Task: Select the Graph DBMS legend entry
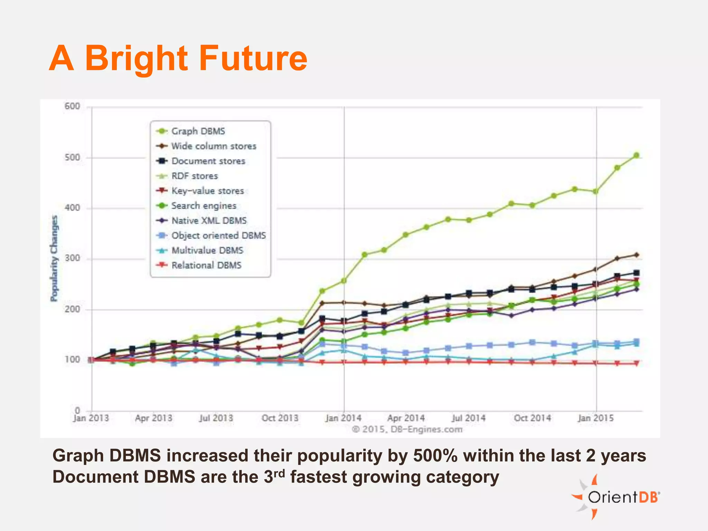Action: (198, 131)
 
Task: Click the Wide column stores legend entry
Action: (213, 146)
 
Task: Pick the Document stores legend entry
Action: (208, 161)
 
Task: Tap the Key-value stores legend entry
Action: (207, 191)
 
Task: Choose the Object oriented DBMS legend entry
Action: (218, 235)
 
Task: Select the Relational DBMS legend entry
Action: (206, 265)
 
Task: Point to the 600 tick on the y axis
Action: (72, 106)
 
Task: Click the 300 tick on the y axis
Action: (72, 258)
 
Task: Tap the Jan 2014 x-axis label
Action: (343, 418)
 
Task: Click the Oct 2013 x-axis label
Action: (280, 418)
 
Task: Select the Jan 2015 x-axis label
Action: (596, 418)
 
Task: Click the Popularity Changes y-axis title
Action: (54, 258)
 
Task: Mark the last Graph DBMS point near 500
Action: (636, 156)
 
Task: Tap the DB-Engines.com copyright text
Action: (407, 429)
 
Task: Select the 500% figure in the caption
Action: (435, 456)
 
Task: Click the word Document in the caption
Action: (95, 477)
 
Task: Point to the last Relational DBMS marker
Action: (636, 363)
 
